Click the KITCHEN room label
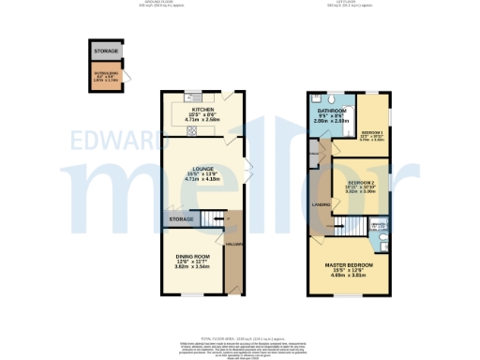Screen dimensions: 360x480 pyautogui.click(x=202, y=108)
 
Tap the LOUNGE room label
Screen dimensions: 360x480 pyautogui.click(x=202, y=167)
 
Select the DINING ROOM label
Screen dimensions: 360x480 pyautogui.click(x=192, y=256)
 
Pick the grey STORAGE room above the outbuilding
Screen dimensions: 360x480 pyautogui.click(x=105, y=52)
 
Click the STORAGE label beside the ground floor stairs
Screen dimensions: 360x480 pyautogui.click(x=181, y=220)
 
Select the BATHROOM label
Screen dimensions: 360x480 pyautogui.click(x=331, y=111)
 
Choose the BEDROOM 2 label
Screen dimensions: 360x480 pyautogui.click(x=361, y=182)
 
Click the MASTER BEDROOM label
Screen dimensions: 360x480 pyautogui.click(x=348, y=265)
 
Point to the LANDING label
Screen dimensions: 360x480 pyautogui.click(x=320, y=203)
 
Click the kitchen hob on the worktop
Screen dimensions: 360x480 pyautogui.click(x=192, y=129)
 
